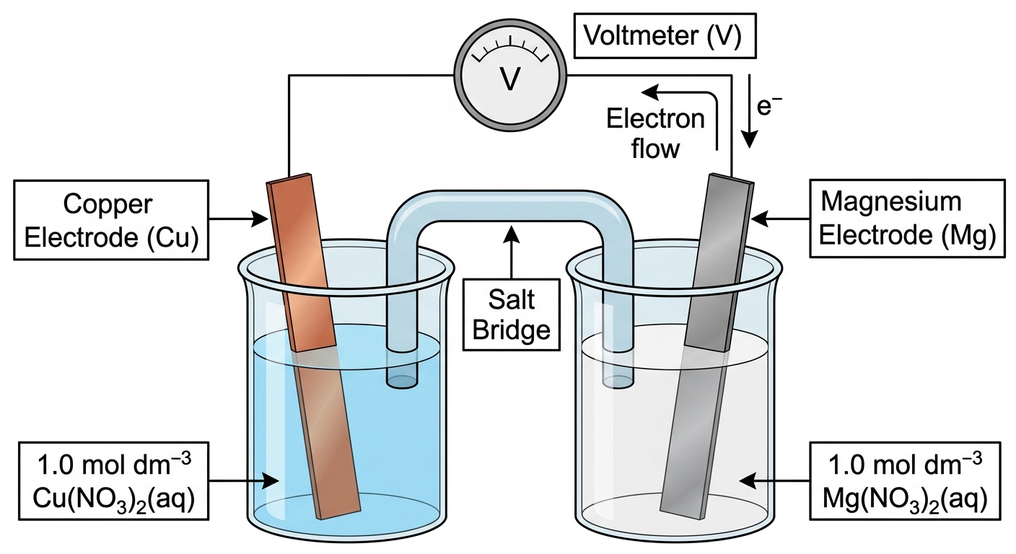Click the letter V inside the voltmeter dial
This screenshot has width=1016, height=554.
[510, 79]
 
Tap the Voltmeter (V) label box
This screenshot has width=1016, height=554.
[665, 36]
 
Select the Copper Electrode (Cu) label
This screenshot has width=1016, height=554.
[111, 220]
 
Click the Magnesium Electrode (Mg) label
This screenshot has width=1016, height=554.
[907, 219]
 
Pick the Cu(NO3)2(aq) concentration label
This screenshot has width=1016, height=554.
[113, 481]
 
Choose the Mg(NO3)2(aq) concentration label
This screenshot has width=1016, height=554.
[905, 480]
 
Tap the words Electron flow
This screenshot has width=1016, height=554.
[656, 133]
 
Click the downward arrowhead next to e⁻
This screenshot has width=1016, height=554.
[750, 138]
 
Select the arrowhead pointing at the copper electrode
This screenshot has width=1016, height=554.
[260, 219]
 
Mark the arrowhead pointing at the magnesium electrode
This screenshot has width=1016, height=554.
[759, 219]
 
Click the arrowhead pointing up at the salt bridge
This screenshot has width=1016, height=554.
[512, 234]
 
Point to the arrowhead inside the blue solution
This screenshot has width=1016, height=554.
[271, 480]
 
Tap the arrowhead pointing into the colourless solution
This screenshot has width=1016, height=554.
[748, 481]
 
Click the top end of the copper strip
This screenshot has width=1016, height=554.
[289, 177]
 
